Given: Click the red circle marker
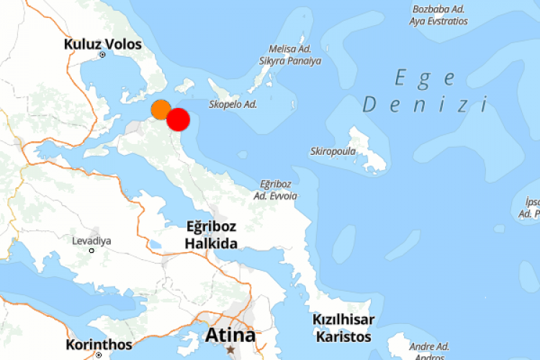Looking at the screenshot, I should point(178,120).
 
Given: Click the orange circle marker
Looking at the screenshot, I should point(161,110).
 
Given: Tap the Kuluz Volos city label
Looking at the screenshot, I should point(103,43).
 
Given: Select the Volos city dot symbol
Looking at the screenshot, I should point(102,55).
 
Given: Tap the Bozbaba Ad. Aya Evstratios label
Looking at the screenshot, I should point(438,15).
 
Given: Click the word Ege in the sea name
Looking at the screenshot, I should point(425,78).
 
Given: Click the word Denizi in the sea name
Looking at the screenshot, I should point(425,105).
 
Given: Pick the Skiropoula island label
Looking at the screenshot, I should point(332,151).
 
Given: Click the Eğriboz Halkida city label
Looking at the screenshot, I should point(211,235).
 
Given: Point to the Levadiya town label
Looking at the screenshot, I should point(91,240).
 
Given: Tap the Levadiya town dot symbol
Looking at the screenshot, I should point(91,251).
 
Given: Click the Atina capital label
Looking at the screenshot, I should point(230,336).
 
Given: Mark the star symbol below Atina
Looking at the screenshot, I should point(230,349).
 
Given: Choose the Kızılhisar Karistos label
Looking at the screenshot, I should point(342,328).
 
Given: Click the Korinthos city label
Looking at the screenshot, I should point(99,344).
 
